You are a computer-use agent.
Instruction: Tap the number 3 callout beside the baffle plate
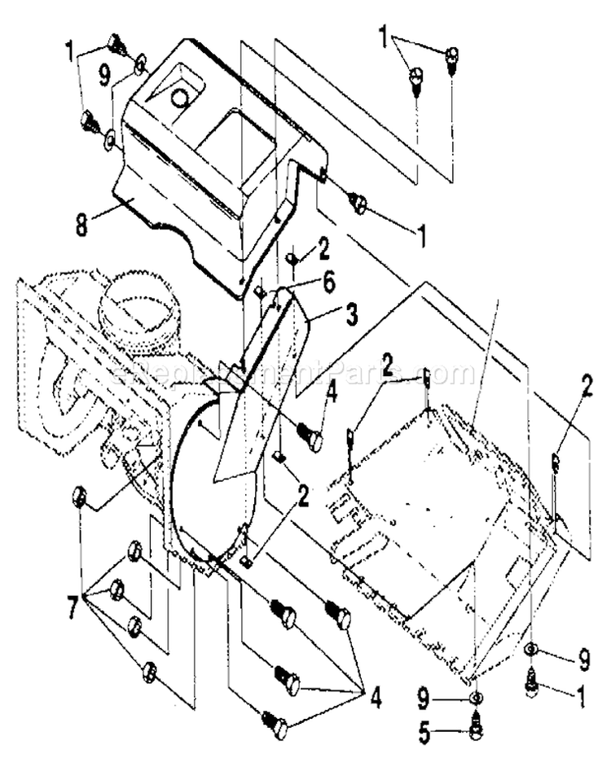(x=350, y=315)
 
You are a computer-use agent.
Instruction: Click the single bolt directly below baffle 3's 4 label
(x=310, y=439)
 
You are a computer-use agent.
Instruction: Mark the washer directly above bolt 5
(x=477, y=699)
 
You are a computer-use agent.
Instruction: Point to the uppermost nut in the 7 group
(x=80, y=496)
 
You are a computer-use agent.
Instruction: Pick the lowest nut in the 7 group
(x=148, y=672)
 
